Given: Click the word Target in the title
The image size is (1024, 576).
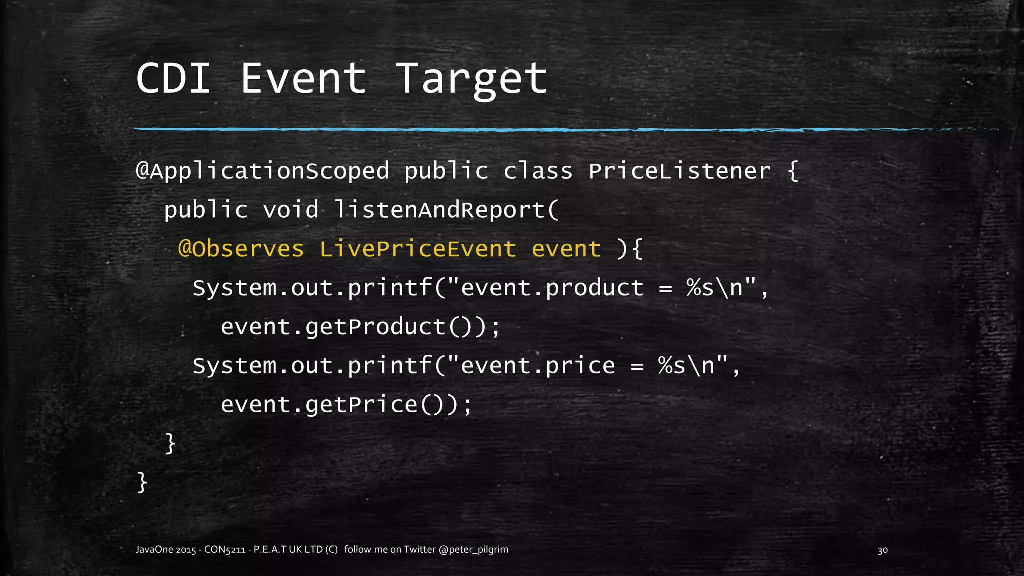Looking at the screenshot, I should coord(472,79).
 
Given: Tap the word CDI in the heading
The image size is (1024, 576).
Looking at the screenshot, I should coord(173,79).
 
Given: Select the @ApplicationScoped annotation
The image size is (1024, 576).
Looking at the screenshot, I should coord(262,171).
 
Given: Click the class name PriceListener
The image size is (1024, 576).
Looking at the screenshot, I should coord(679,171).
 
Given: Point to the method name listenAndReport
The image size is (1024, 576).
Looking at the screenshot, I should coord(439,210).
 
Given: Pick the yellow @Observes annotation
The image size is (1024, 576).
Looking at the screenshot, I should coord(241,249).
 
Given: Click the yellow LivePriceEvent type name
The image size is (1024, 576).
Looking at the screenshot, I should coord(418,249).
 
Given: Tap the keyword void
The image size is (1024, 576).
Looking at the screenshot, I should coord(290,210).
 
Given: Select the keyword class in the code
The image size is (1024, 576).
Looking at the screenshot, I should coord(538,171).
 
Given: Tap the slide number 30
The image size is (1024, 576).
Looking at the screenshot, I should coord(882,550).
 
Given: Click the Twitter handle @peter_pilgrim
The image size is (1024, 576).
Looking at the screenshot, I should coord(473,550).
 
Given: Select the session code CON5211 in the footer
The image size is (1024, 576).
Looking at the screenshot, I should coord(224,550).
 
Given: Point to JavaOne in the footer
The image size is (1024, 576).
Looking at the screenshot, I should coord(154,550).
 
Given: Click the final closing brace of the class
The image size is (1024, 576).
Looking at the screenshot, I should coord(142,483).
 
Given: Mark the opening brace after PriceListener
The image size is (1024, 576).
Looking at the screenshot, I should coord(793,171).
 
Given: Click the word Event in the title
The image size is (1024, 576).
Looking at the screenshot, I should coord(303,79).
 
